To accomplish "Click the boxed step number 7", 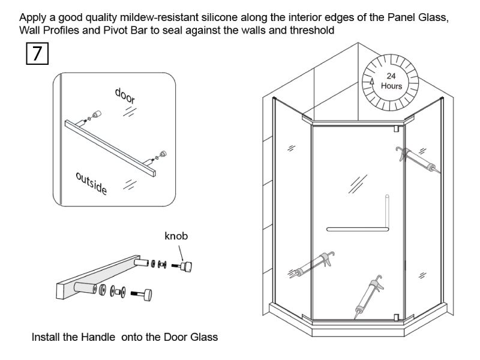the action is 37,53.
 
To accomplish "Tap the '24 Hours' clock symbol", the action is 390,82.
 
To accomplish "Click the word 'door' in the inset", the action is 125,96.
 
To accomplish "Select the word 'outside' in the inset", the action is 92,184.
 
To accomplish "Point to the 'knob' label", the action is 176,236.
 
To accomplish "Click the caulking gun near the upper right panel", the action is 418,160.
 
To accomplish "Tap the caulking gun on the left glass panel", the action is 311,265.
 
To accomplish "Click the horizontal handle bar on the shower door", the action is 358,229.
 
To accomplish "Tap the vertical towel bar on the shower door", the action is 387,211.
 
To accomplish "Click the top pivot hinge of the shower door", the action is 397,128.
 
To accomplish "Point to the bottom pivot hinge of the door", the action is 397,317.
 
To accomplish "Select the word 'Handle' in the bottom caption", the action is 98,337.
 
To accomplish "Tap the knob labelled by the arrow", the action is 186,266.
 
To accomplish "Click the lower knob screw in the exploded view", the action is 141,294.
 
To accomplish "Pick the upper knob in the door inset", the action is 97,114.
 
